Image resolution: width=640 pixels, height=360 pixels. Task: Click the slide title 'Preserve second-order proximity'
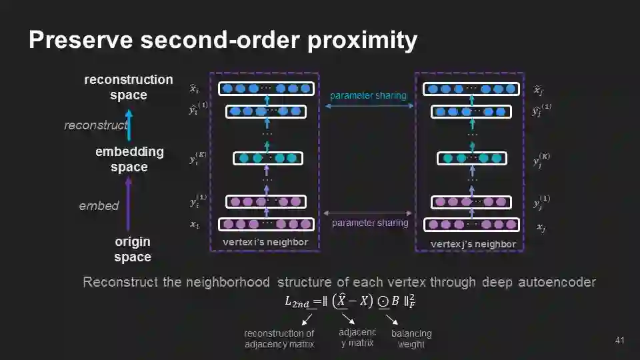pyautogui.click(x=223, y=41)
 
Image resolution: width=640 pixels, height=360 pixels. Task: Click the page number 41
pyautogui.click(x=619, y=341)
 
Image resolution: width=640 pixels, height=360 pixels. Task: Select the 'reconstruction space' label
pyautogui.click(x=129, y=87)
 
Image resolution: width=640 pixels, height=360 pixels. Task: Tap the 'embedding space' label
pyautogui.click(x=129, y=159)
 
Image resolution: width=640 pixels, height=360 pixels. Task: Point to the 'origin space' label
pyautogui.click(x=132, y=249)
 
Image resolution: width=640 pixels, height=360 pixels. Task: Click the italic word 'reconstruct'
pyautogui.click(x=95, y=125)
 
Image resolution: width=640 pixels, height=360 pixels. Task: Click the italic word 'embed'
pyautogui.click(x=99, y=205)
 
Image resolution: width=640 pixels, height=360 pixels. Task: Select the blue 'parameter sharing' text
pyautogui.click(x=368, y=96)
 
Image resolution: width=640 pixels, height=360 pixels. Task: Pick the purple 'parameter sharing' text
pyautogui.click(x=369, y=223)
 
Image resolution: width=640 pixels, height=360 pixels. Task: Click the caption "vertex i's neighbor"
pyautogui.click(x=265, y=242)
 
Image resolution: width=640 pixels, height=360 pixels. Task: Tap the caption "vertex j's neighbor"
pyautogui.click(x=473, y=244)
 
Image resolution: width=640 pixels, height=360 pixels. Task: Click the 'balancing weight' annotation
pyautogui.click(x=411, y=339)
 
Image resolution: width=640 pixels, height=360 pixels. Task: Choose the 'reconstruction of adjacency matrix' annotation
pyautogui.click(x=279, y=339)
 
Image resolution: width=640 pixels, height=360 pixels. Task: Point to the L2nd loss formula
pyautogui.click(x=350, y=301)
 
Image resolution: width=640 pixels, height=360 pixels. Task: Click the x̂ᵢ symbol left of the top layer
pyautogui.click(x=193, y=89)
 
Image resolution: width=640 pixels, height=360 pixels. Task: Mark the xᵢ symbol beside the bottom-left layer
pyautogui.click(x=194, y=225)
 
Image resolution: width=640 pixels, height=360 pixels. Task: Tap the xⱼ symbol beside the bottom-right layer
pyautogui.click(x=541, y=227)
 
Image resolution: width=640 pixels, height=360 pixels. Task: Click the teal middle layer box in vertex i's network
pyautogui.click(x=267, y=158)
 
